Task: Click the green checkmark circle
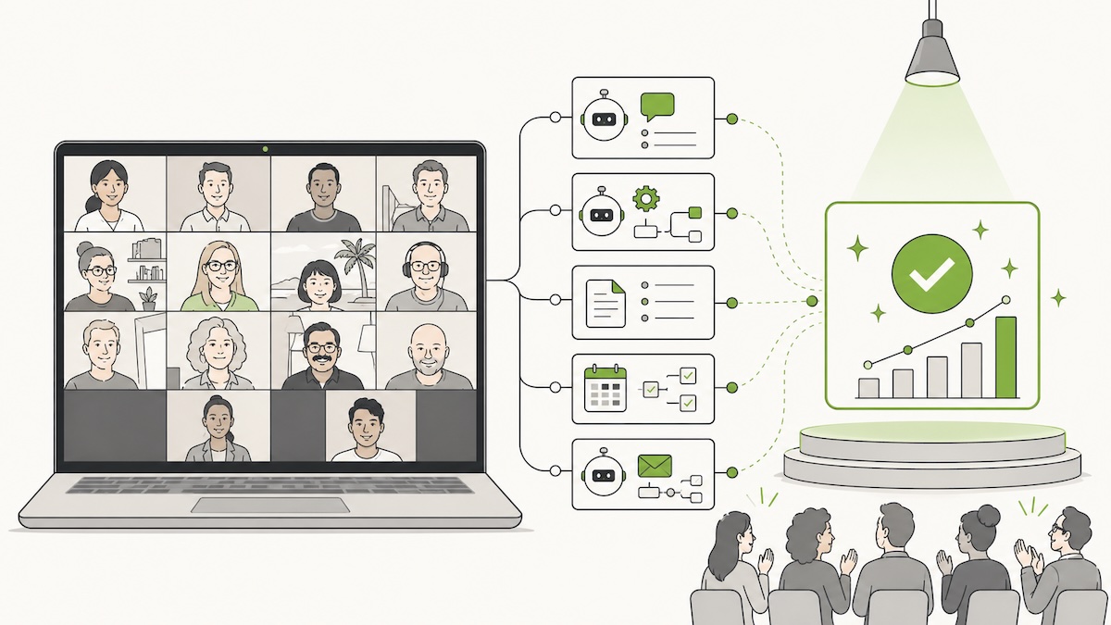931,271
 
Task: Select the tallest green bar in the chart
1005,357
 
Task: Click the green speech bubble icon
657,106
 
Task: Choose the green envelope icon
655,464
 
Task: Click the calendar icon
605,388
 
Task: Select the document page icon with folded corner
605,301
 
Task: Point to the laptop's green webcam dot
266,148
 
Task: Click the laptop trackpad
270,506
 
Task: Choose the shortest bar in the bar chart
868,387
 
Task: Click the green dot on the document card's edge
732,302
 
